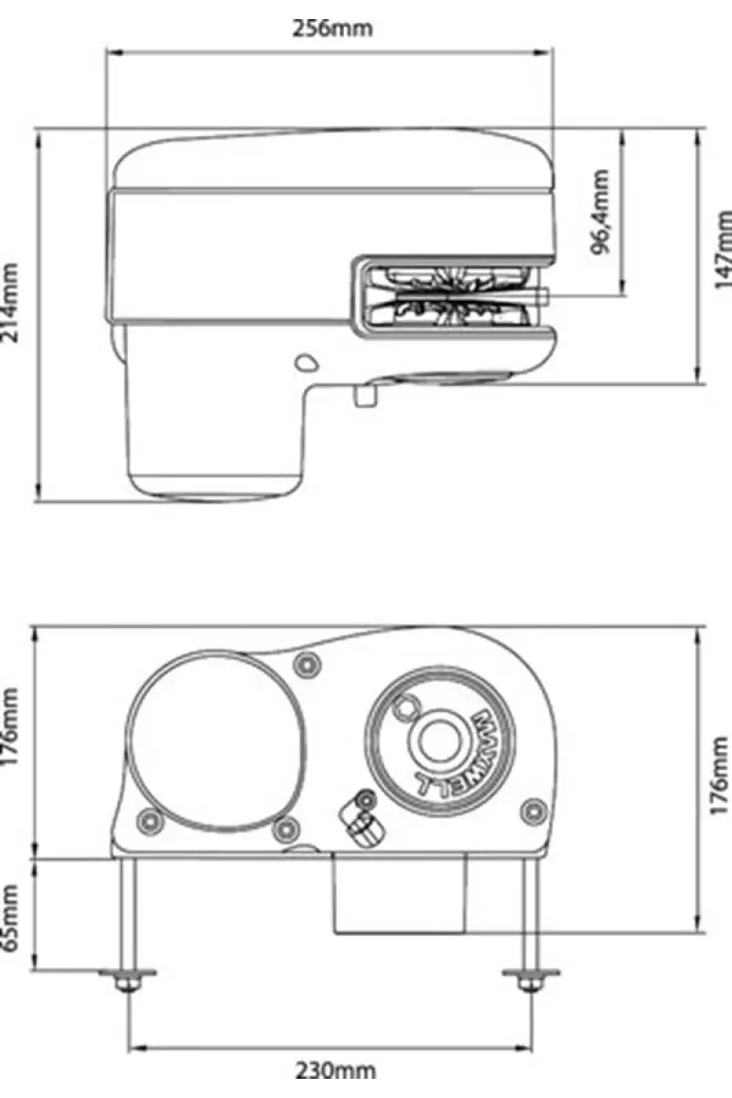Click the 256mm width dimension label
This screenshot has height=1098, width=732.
[332, 28]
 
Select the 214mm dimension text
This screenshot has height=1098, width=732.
[10, 303]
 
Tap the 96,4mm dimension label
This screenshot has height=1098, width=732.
[599, 211]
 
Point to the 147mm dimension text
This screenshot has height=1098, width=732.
[722, 250]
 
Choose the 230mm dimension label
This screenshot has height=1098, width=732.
[336, 1070]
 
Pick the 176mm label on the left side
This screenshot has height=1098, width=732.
[10, 726]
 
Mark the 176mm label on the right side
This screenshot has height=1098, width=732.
[720, 775]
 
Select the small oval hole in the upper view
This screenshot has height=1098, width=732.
[307, 362]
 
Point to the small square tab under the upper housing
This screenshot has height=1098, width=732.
[365, 395]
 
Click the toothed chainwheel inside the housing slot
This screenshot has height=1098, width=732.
[448, 296]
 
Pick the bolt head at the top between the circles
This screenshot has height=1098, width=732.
[307, 665]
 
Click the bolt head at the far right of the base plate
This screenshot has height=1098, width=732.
[534, 812]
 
